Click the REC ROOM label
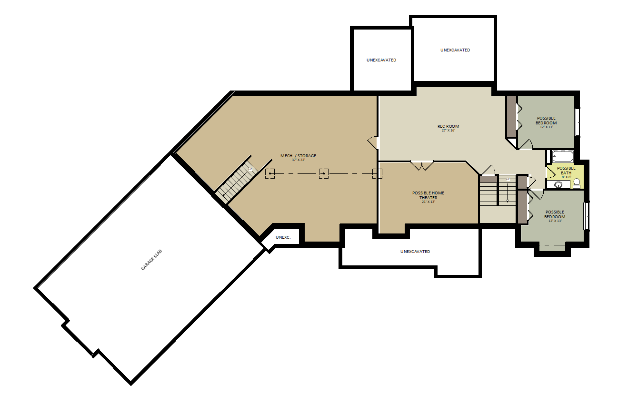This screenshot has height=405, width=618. click(449, 126)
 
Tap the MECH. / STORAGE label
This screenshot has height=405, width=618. click(298, 156)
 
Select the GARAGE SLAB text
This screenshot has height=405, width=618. click(151, 260)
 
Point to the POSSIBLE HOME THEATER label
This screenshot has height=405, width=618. click(428, 195)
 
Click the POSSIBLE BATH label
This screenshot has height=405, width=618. click(566, 170)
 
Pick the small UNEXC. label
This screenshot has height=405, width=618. click(283, 237)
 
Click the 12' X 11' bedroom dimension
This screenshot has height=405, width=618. click(547, 127)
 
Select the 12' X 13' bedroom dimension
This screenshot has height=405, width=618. click(555, 221)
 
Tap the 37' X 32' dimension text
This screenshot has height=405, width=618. click(298, 160)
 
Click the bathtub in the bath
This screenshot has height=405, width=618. click(563, 157)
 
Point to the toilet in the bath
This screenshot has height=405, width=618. click(577, 183)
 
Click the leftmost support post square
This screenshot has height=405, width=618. click(270, 173)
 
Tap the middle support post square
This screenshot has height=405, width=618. click(324, 173)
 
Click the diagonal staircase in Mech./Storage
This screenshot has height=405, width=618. click(237, 180)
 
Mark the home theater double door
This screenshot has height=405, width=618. click(422, 165)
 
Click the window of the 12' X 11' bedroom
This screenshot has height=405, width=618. click(577, 122)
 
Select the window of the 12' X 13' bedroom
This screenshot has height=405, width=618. click(586, 216)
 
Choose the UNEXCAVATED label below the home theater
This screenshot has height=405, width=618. click(415, 252)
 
